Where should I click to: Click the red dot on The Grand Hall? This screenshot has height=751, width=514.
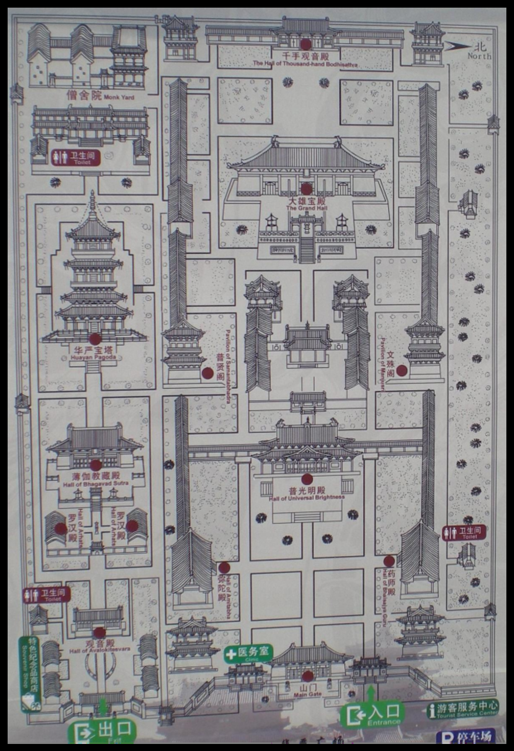(306, 189)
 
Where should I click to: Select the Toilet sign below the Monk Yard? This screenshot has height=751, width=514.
(76, 157)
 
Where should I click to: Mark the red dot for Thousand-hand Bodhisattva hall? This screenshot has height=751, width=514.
(305, 44)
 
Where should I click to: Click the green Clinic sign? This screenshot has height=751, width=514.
(249, 653)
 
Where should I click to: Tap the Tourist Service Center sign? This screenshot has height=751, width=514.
(463, 709)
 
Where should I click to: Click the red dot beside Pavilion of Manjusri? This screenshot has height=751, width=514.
(401, 370)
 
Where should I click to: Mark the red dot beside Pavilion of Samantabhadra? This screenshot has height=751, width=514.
(207, 373)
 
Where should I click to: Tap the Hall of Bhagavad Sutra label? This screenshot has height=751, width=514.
(96, 479)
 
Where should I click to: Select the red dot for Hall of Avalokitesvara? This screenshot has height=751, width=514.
(100, 632)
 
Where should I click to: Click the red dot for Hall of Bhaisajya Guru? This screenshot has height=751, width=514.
(389, 561)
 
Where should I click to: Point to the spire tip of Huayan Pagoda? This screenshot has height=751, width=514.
(92, 193)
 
